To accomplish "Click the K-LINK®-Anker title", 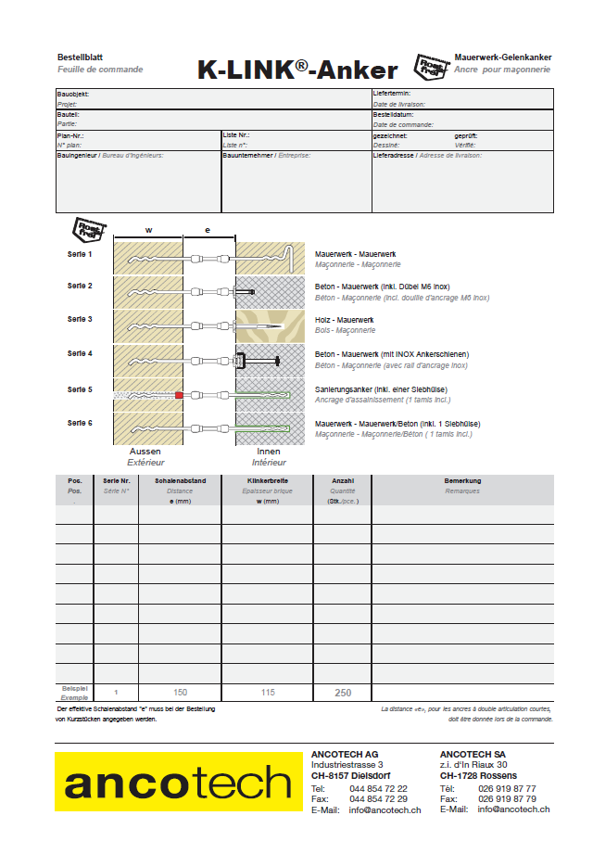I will click(297, 70).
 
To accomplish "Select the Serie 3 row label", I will click(80, 319).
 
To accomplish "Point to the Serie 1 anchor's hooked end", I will click(293, 255).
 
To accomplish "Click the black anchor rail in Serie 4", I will click(240, 360).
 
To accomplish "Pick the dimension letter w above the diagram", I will click(148, 229).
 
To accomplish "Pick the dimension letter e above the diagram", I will click(208, 229).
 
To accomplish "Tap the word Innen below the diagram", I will click(269, 452).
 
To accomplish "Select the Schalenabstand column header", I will click(180, 481).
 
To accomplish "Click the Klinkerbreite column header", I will click(266, 481).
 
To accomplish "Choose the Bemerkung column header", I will click(462, 481).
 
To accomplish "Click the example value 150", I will click(180, 693).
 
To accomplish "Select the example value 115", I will click(267, 693).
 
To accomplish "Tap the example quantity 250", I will click(343, 693).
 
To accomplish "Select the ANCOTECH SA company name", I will click(473, 753).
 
